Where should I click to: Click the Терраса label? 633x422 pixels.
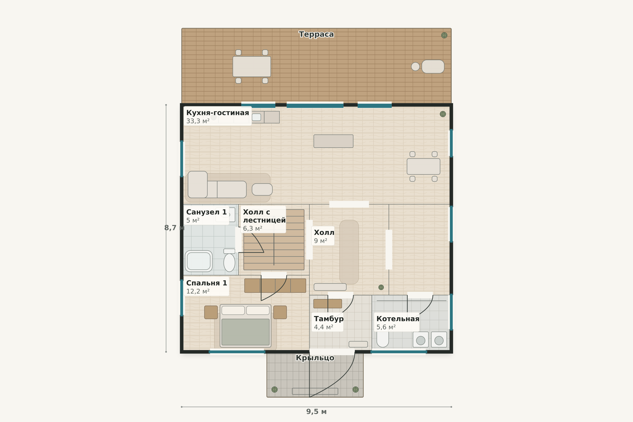coord(316,34)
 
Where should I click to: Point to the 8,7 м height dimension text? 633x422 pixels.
coord(174,228)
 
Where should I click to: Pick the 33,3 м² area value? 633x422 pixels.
coord(198,121)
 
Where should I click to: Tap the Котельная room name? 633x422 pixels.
coord(398,319)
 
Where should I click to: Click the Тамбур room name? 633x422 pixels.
coord(329,319)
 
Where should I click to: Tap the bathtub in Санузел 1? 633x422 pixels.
coord(199,261)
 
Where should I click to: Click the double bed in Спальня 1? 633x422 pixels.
coord(245,326)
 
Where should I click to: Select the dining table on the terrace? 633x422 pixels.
coord(252,66)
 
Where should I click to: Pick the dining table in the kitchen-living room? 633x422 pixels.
coord(423,166)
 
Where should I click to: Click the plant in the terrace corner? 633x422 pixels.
coord(444,35)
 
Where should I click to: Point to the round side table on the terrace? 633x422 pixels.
coord(415,66)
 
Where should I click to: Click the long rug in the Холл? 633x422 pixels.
coord(349,252)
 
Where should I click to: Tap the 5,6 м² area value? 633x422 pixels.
coord(386,327)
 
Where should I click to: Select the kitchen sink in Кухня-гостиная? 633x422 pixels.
coord(256,117)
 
